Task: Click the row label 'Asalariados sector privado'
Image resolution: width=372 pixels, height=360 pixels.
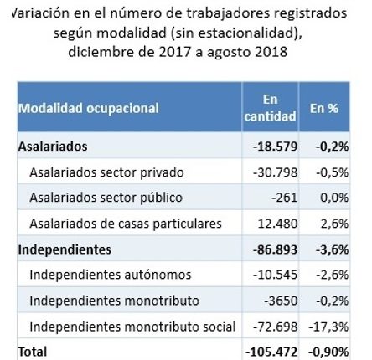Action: (x=106, y=172)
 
